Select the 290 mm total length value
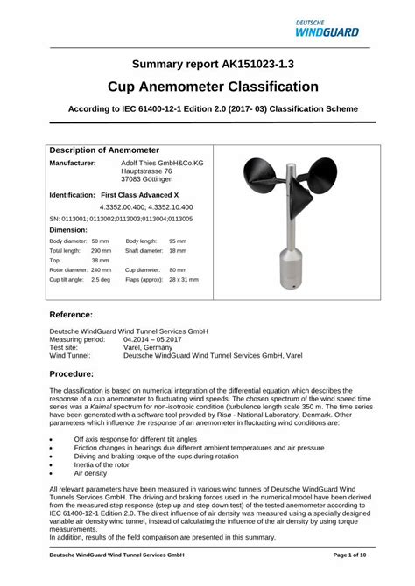click(x=101, y=250)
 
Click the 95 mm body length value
click(x=178, y=241)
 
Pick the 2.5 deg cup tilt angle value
click(x=100, y=279)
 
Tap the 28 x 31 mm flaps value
click(x=184, y=279)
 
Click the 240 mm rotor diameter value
click(x=101, y=269)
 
